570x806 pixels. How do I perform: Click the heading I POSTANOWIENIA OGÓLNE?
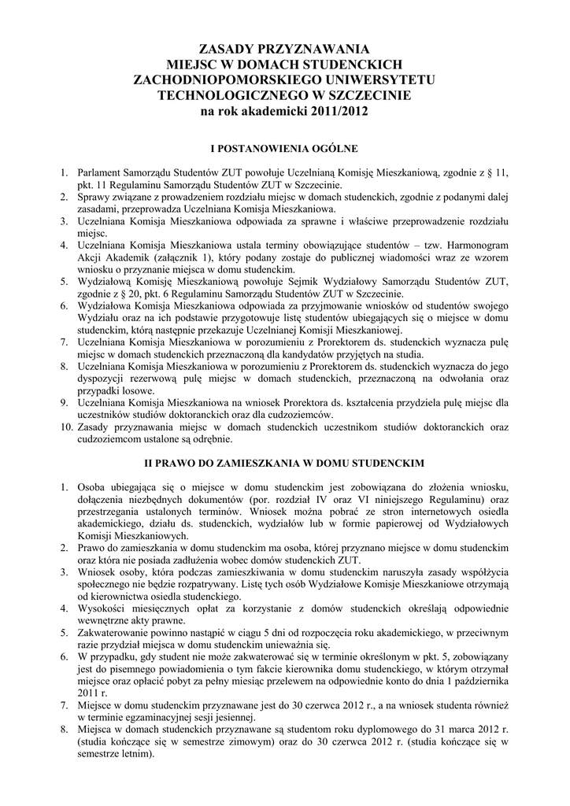pyautogui.click(x=284, y=147)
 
